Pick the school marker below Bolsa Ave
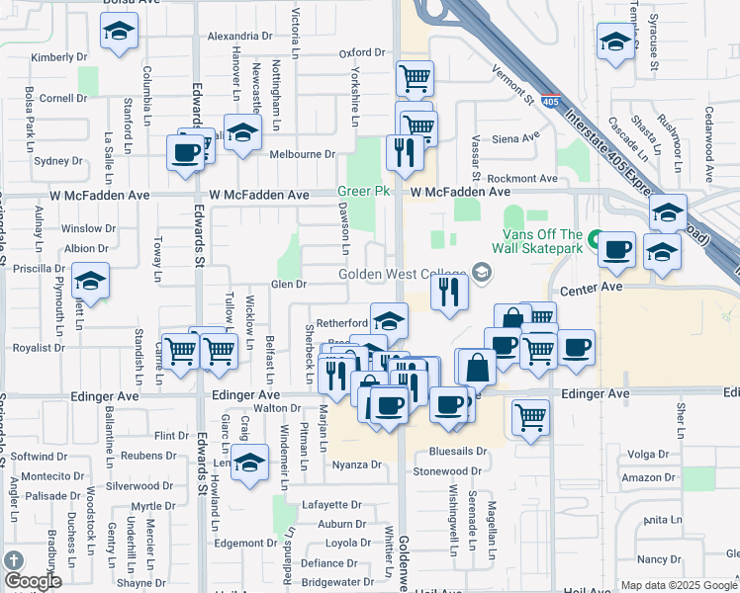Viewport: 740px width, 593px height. click(x=119, y=34)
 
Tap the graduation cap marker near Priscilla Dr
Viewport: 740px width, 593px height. click(x=90, y=281)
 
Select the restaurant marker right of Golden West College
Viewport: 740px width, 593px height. click(x=450, y=292)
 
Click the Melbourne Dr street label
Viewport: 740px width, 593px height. click(x=303, y=154)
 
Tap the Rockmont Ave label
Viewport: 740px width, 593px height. click(x=523, y=178)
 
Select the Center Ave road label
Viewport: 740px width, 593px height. click(x=591, y=288)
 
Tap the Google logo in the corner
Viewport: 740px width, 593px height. click(x=32, y=580)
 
